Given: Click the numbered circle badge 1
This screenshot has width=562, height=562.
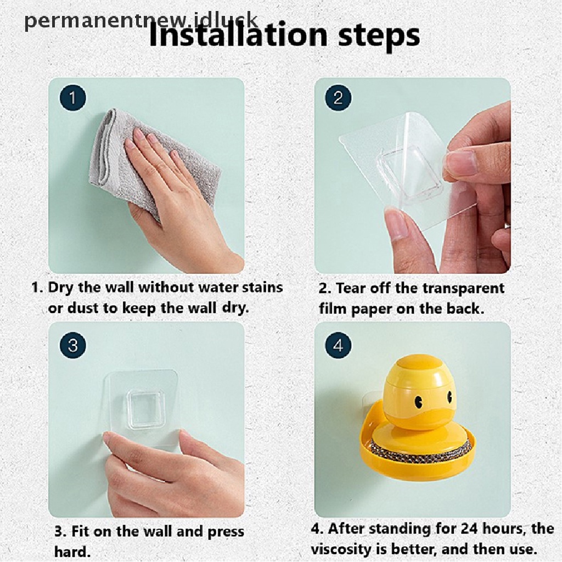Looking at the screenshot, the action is [73, 98].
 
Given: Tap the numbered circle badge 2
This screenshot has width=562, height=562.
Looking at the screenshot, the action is [338, 98].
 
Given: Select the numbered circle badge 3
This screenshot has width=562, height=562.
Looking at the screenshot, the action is [73, 346].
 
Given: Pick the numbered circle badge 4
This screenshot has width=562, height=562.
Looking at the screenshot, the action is [338, 346].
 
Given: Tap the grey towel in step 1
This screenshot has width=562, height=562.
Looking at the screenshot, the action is [150, 161].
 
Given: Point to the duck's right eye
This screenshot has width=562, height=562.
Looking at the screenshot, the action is [449, 396].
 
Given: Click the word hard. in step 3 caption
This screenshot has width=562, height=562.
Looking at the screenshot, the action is [72, 551].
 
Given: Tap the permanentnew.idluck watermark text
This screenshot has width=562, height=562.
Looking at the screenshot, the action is [141, 21].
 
